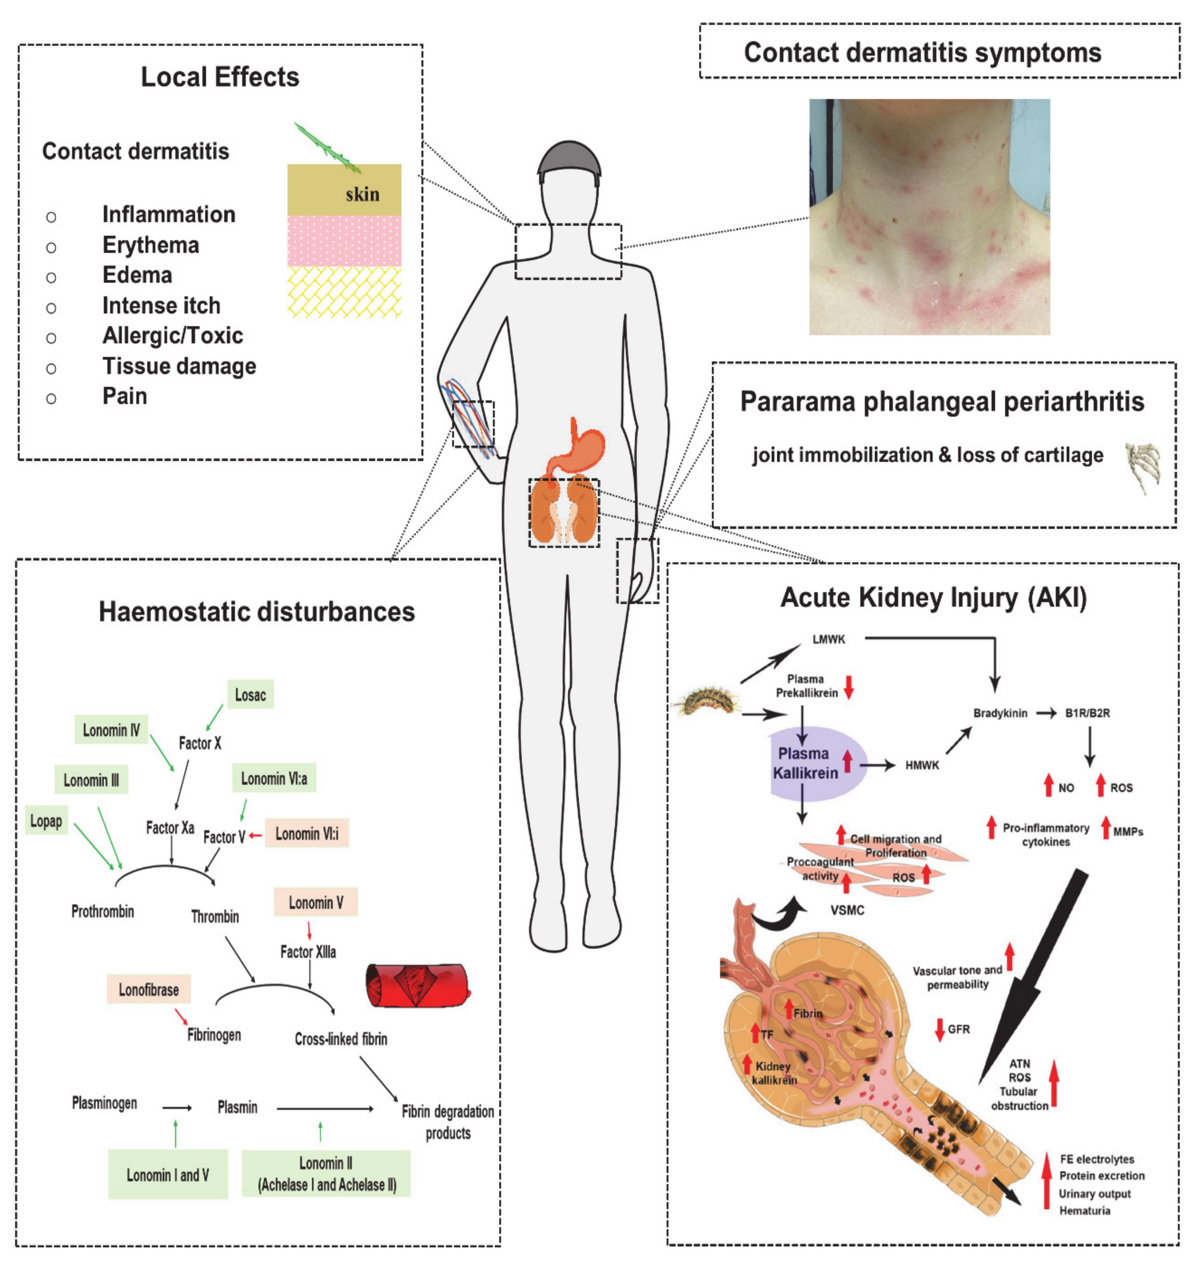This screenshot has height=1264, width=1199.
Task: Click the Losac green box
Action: tap(250, 694)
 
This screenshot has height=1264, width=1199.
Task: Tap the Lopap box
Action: tap(46, 821)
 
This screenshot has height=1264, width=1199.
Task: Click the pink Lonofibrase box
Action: tap(148, 989)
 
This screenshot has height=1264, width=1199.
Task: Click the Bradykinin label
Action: tap(1000, 713)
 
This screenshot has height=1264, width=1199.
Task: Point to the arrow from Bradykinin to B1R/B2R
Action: tap(1046, 713)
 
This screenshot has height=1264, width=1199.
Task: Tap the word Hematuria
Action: tap(1085, 1210)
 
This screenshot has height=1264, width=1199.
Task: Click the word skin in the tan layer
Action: tap(362, 194)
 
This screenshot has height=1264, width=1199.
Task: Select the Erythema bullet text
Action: tap(151, 245)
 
